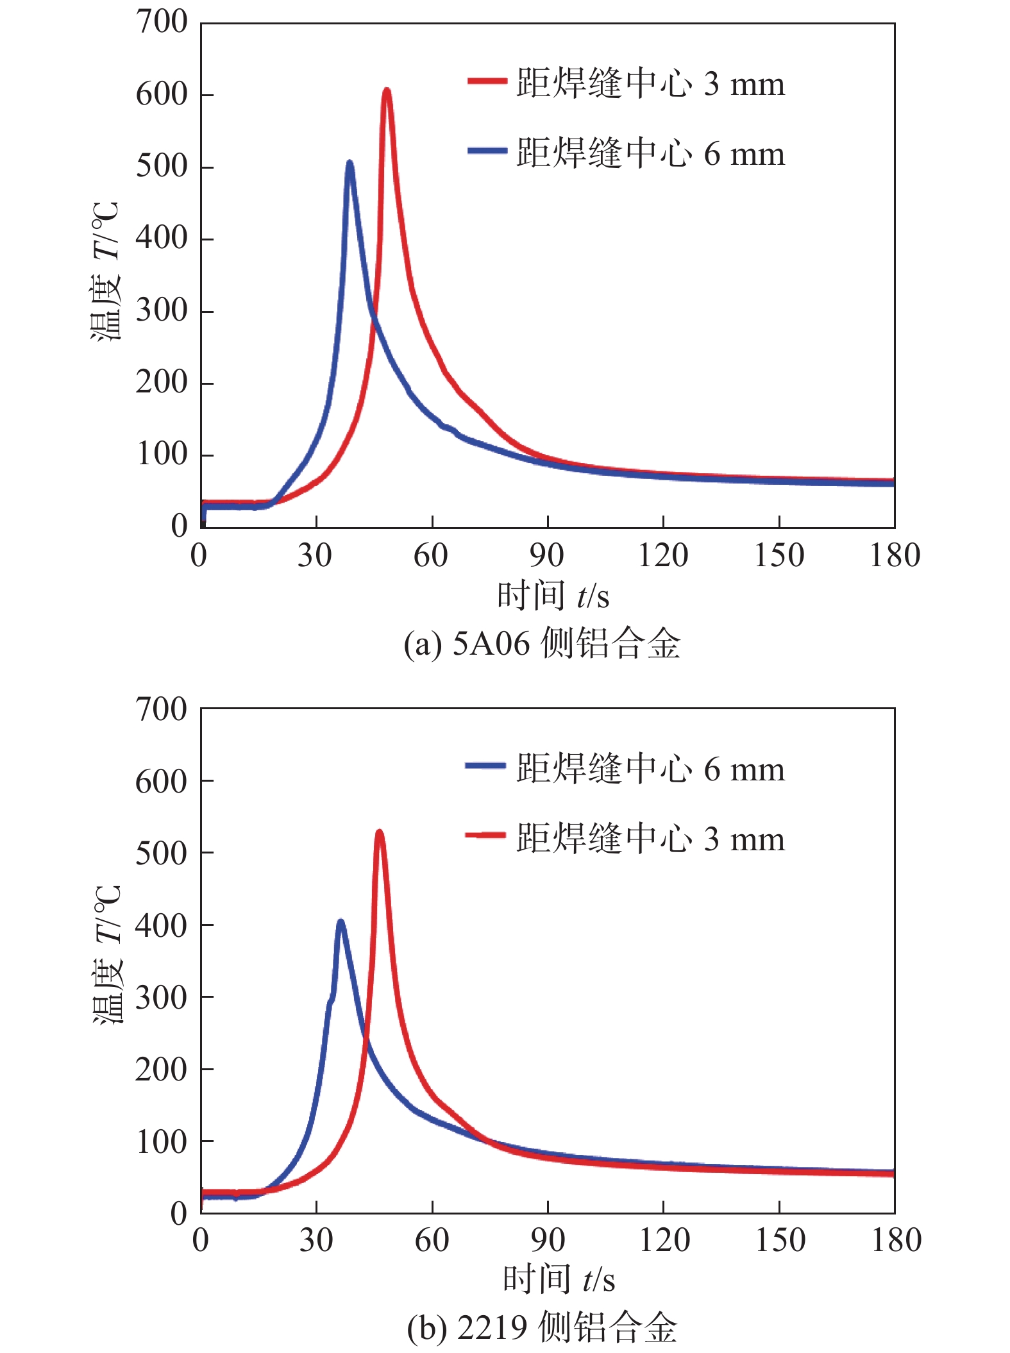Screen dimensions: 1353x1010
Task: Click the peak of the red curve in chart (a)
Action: pos(387,91)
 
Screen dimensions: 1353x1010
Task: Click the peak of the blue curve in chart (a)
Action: pos(349,164)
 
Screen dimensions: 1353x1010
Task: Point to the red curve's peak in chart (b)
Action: pos(380,833)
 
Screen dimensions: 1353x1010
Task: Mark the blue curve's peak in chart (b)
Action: pos(341,923)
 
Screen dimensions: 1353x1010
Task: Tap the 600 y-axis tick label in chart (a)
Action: pos(162,95)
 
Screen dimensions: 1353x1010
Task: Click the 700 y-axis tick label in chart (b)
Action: pos(162,710)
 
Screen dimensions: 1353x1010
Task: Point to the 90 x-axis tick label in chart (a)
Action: pos(546,555)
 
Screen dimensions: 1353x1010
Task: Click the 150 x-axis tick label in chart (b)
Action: pos(780,1240)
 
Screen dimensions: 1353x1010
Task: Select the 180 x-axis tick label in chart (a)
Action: pos(895,555)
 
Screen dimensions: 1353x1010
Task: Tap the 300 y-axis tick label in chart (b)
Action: pos(162,998)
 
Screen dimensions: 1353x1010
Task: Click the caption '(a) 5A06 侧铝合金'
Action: pos(542,643)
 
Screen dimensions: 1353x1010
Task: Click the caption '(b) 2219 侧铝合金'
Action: pos(542,1327)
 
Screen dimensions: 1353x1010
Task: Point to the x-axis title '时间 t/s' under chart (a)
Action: pos(553,596)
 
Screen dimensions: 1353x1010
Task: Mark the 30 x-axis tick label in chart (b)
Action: pos(316,1240)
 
